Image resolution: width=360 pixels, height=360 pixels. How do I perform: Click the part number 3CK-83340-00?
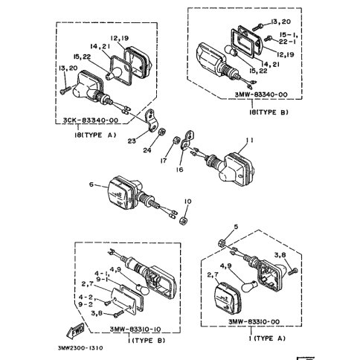pos(90,120)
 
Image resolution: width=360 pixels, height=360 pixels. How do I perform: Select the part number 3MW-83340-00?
pos(261,94)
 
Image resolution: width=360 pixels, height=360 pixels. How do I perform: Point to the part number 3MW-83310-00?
pos(254,322)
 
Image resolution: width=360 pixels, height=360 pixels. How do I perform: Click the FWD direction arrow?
pos(75,331)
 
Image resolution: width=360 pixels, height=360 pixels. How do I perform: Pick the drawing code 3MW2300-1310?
pos(80,348)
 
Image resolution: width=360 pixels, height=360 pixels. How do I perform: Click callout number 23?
pos(132,141)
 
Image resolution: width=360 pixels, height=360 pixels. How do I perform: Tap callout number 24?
pos(147,150)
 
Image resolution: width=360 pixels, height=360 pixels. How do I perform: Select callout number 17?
pos(164,161)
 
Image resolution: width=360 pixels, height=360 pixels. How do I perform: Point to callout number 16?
pos(180,170)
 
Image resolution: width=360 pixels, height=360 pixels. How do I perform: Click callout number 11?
pos(249,141)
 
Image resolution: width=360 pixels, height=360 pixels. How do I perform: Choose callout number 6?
pos(91,184)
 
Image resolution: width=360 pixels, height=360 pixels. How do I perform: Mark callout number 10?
pos(187,202)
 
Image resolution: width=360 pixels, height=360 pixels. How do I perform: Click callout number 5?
pos(236,227)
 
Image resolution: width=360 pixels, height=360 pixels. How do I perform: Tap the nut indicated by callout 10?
pos(183,220)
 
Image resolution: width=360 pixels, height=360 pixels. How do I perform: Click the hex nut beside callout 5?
pos(222,242)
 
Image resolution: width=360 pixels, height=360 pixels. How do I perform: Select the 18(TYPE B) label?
pos(269,112)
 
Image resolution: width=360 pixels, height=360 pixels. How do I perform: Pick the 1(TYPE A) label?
pos(267,338)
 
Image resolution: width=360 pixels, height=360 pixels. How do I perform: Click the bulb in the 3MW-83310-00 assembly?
pos(249,286)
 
